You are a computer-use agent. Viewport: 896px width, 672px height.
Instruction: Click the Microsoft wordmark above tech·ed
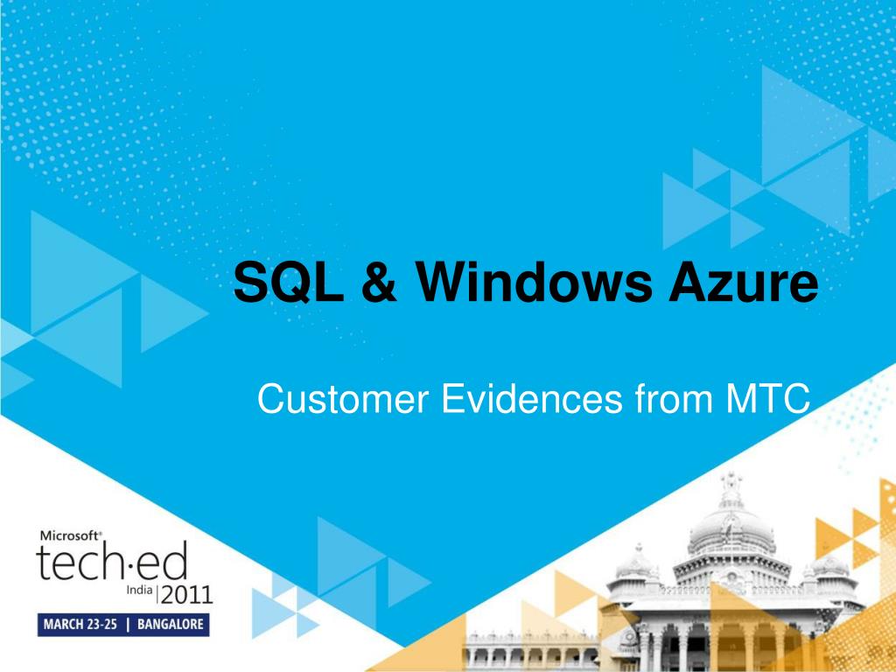pyautogui.click(x=71, y=535)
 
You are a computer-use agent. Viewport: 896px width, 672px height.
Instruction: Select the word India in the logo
pyautogui.click(x=139, y=591)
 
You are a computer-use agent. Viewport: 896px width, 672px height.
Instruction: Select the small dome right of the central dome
pyautogui.click(x=829, y=564)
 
